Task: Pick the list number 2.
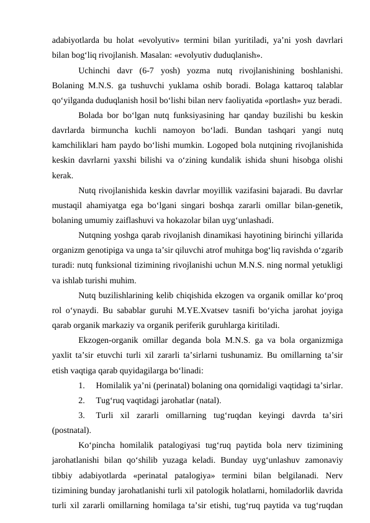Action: [x=83, y=399]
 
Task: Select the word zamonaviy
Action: [x=320, y=457]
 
